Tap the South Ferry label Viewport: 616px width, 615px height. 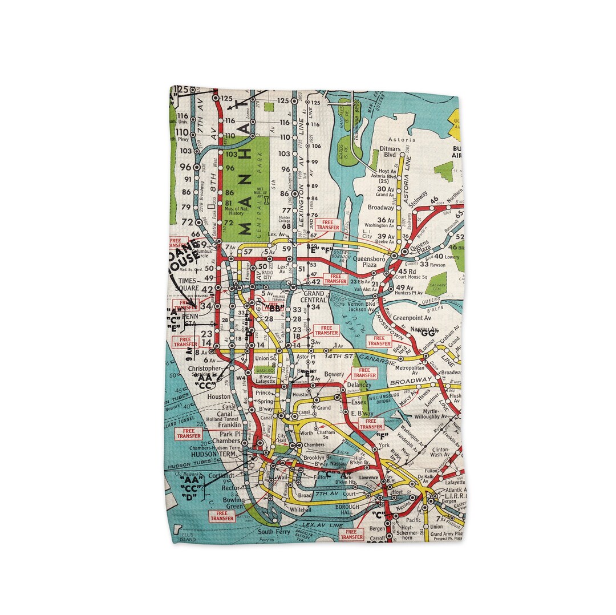pyautogui.click(x=271, y=532)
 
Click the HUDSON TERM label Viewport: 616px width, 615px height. pyautogui.click(x=215, y=454)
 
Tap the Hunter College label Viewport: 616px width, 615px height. pyautogui.click(x=285, y=220)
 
